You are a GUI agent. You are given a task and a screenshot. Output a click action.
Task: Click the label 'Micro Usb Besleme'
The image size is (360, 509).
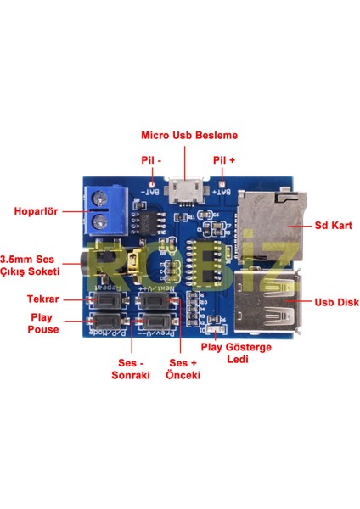[x=189, y=135]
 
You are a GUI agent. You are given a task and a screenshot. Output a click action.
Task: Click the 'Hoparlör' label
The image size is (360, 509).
[x=35, y=211]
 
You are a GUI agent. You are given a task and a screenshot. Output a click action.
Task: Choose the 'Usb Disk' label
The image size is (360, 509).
[x=326, y=301]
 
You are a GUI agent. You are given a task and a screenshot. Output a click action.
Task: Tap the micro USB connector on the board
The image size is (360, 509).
[x=186, y=192]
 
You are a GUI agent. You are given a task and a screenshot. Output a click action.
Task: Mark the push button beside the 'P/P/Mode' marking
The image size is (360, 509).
[x=107, y=322]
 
